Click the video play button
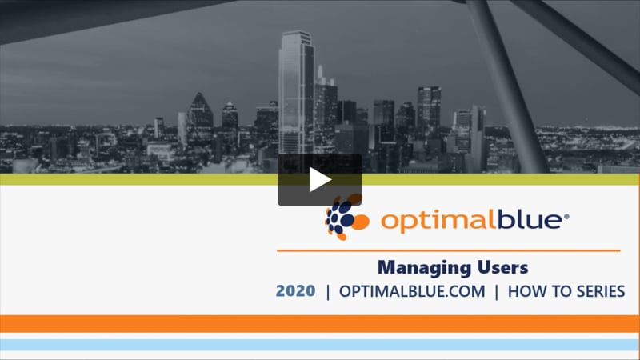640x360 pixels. point(319,179)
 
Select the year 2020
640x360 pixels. point(295,291)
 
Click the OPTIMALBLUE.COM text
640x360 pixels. point(412,291)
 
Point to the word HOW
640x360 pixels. point(527,291)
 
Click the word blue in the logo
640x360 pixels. point(530,219)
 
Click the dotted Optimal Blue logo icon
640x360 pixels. point(346,217)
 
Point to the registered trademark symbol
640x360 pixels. point(566,216)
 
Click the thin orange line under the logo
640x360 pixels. point(449,250)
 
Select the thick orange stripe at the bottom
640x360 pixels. point(320,324)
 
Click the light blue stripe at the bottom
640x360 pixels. point(320,345)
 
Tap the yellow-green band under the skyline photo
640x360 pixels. point(320,179)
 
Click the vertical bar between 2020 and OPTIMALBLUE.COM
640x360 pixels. point(328,292)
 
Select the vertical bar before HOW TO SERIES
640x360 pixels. point(496,292)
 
